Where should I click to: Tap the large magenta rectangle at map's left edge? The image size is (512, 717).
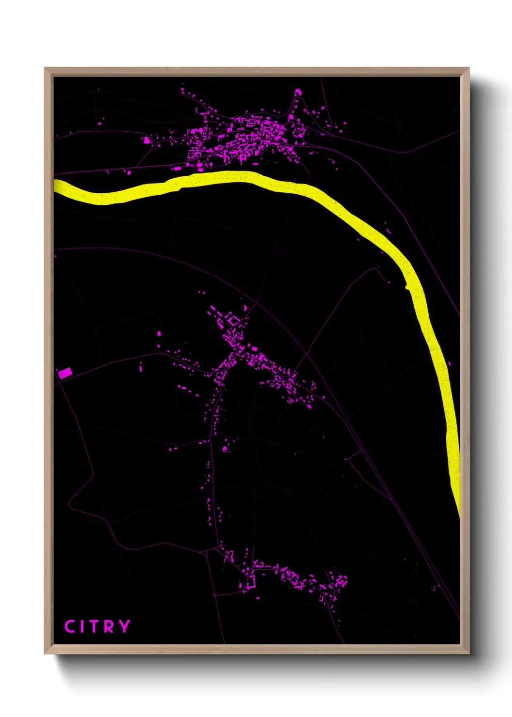(65, 373)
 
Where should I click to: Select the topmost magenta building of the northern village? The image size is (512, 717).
(298, 92)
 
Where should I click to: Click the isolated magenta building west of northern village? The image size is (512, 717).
(146, 140)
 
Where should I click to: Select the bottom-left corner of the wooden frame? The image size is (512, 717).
(45, 653)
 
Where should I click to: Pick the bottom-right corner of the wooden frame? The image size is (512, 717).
(468, 653)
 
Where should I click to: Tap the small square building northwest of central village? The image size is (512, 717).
(159, 333)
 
